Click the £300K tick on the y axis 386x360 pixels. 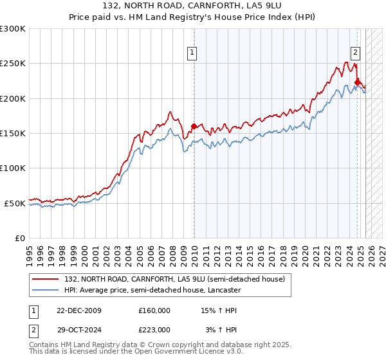coord(13,29)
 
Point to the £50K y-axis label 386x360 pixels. coord(15,203)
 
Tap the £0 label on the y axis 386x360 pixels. coord(20,238)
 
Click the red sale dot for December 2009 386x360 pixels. coord(194,126)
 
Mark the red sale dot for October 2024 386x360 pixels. coord(357,82)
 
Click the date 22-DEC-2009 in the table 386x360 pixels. coord(77,310)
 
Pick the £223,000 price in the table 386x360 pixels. coord(154,329)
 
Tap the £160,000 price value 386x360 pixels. coord(154,310)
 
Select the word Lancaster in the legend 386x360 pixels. coord(223,290)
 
